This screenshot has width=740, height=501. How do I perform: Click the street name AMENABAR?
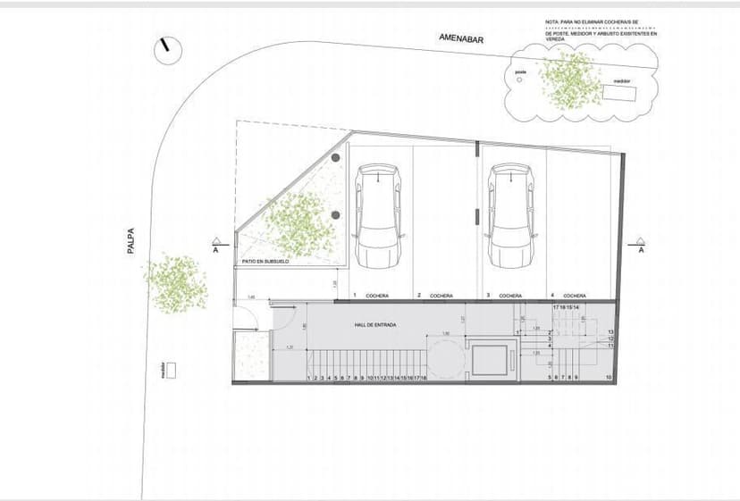pos(461,38)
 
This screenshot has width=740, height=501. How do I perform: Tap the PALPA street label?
pos(130,240)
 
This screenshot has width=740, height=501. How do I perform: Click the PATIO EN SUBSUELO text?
pos(265,262)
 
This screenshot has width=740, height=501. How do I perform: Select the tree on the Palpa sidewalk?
pos(177,283)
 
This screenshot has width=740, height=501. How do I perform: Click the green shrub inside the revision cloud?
pos(570,79)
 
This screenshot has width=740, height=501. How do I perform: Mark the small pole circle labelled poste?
pos(519,79)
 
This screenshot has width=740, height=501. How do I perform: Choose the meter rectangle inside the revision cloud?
pos(618,91)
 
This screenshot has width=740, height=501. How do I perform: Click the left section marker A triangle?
pos(215,240)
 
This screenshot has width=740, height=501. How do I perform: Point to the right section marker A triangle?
pos(640,240)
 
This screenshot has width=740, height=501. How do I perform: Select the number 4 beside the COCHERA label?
pos(553,295)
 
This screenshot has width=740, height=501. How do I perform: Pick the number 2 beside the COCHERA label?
pos(420,295)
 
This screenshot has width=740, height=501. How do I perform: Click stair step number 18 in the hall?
pos(424,379)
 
